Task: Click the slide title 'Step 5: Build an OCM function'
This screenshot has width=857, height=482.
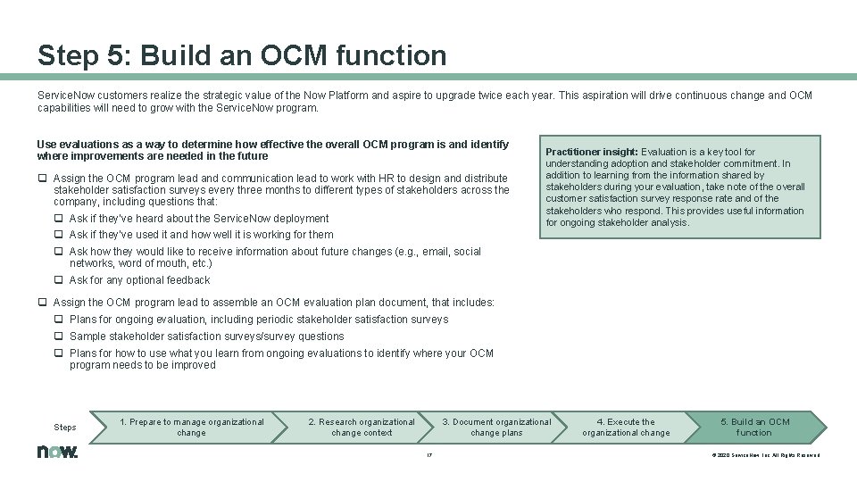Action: coord(241,56)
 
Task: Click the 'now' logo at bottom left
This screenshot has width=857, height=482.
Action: coord(57,452)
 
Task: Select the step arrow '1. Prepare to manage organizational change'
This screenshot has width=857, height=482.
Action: coord(191,427)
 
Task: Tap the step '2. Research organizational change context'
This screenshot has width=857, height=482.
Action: coord(361,427)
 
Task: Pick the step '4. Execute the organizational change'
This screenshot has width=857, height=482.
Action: coord(625,427)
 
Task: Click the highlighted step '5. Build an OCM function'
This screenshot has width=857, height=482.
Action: coord(753,427)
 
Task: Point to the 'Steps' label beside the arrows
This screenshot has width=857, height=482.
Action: coord(65,428)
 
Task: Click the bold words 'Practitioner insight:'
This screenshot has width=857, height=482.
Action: coord(591,153)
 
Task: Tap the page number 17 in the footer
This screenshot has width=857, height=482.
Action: coord(429,454)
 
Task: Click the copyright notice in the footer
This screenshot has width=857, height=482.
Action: coord(765,455)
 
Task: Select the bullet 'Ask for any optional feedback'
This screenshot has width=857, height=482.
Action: coord(139,280)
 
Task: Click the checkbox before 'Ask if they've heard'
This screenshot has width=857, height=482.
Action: coord(59,219)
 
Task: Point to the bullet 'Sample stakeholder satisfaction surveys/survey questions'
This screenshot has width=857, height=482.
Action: coord(206,337)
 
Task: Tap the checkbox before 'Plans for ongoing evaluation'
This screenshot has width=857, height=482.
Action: coord(59,320)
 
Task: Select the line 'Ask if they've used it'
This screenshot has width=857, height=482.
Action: coord(201,235)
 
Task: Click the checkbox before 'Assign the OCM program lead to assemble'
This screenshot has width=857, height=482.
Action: coord(42,303)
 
